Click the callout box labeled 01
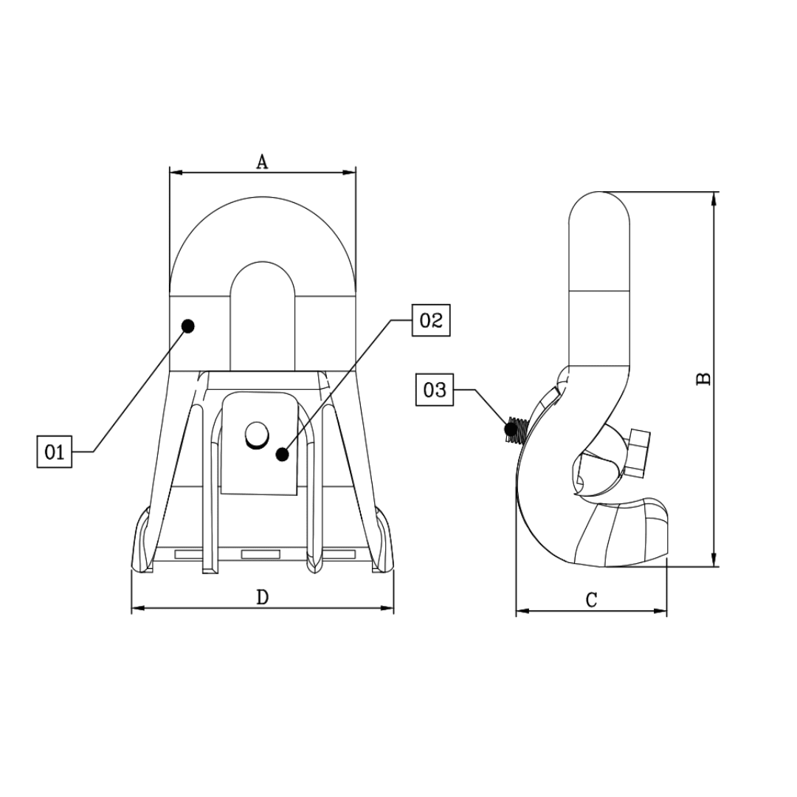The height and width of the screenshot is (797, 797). pos(55,452)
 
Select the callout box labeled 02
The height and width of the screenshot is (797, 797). pos(430,320)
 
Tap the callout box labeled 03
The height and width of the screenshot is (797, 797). pos(435,390)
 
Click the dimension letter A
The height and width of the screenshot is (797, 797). pos(262,162)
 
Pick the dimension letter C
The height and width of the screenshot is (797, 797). pos(591,600)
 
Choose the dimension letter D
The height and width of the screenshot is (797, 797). pos(262,597)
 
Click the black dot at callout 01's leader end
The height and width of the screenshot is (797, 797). pos(188,325)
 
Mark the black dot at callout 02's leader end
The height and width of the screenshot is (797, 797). pos(282,454)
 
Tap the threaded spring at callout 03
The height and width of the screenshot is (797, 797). pos(514,429)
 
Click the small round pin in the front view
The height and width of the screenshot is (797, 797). pos(257,435)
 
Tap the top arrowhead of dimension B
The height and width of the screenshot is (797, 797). pos(714,197)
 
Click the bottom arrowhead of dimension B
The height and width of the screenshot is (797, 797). pos(714,562)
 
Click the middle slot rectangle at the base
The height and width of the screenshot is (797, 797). pos(261,553)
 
